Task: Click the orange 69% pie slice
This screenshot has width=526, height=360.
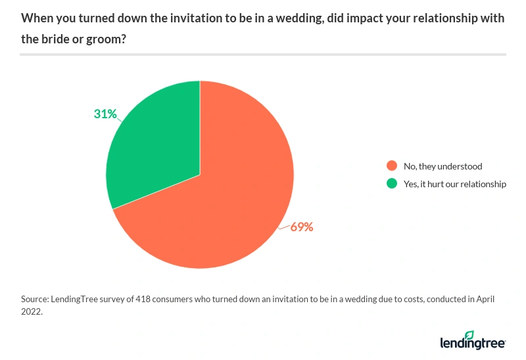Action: point(224,197)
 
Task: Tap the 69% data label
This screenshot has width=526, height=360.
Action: point(302,227)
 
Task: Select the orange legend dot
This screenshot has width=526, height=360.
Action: point(392,166)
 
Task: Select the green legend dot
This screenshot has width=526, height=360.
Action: point(392,184)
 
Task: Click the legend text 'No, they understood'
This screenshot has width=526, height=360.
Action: point(444,166)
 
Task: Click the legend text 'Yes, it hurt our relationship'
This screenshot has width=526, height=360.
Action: point(456,184)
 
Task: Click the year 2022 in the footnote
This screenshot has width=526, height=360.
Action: point(32,312)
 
